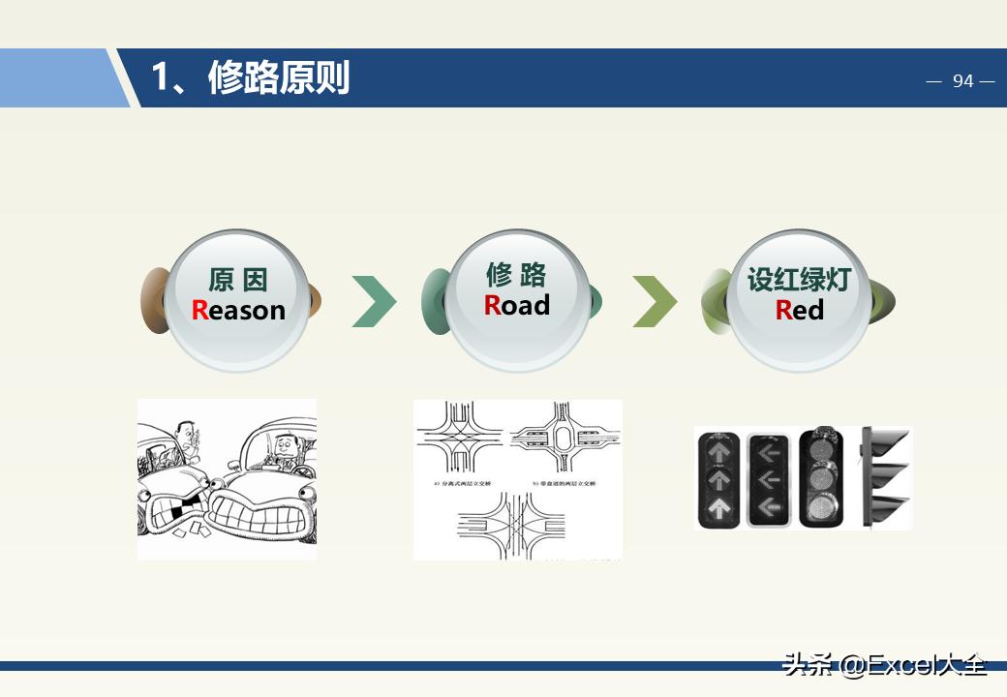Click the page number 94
tap(962, 81)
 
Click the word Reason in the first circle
tap(238, 310)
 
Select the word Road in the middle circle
tap(517, 305)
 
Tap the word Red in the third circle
tap(799, 310)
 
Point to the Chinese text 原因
tap(238, 281)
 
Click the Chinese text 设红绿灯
tap(799, 280)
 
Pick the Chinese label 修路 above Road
tap(517, 275)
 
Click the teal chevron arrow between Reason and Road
tap(374, 301)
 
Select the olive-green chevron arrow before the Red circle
tap(655, 301)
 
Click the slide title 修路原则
tap(279, 77)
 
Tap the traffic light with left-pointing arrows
tap(771, 479)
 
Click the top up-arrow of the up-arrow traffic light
tap(718, 451)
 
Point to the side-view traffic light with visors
tap(886, 477)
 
